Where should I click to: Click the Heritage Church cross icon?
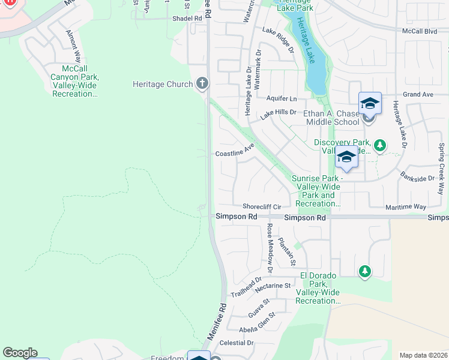point(202,84)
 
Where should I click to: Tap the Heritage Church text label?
point(162,85)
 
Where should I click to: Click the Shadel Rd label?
point(187,19)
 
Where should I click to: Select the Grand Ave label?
point(418,95)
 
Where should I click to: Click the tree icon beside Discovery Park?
point(379,145)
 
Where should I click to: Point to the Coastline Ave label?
point(235,153)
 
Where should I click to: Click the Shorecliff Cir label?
point(262,206)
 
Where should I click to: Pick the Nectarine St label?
point(272,286)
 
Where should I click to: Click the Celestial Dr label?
point(237,343)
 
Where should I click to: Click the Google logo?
point(20,353)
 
